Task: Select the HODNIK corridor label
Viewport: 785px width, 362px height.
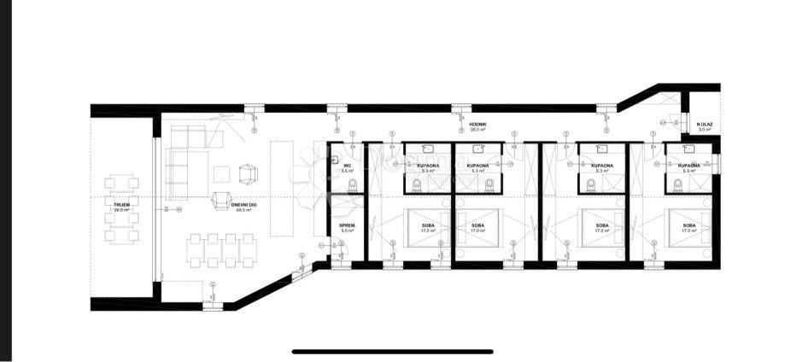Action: (x=477, y=124)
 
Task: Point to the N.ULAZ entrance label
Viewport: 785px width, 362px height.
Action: (x=705, y=124)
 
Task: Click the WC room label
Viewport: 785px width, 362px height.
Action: (x=347, y=166)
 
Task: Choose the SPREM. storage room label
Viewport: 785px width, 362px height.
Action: (x=347, y=225)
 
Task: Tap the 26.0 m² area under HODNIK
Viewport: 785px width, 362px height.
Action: (x=477, y=130)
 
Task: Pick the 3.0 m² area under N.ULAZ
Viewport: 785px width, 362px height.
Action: (x=705, y=130)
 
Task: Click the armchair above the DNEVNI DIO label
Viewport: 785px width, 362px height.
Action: (x=248, y=173)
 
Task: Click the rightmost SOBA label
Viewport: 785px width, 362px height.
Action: (x=688, y=225)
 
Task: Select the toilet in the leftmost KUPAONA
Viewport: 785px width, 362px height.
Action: (x=416, y=184)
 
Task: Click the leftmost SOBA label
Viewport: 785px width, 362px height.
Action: (x=427, y=225)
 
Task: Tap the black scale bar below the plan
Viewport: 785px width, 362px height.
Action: (x=392, y=351)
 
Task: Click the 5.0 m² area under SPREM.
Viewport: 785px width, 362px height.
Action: (x=347, y=231)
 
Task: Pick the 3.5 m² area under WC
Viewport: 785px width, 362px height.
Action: (x=347, y=171)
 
